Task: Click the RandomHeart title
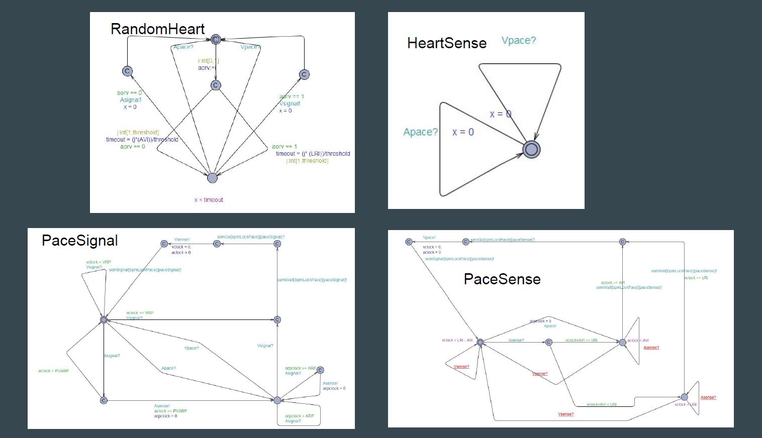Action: (157, 29)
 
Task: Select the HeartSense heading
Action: (446, 43)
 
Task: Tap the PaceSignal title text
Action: (79, 241)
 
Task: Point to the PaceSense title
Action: (502, 279)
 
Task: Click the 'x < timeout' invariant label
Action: (209, 200)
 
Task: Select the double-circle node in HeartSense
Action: (531, 149)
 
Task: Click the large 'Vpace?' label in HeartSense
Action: (519, 41)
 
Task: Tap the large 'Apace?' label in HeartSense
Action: (420, 132)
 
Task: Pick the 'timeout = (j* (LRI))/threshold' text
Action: (313, 154)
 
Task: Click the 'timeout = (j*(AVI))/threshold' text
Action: (142, 140)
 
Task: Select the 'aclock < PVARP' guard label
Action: (53, 371)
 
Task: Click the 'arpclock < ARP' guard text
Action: (299, 416)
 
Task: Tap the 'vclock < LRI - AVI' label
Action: (457, 341)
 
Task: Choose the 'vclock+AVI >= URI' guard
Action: (581, 341)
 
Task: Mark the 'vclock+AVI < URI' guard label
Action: (601, 404)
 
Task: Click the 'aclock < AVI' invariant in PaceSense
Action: (638, 341)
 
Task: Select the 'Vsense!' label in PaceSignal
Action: (182, 240)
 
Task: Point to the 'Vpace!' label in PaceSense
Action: (429, 238)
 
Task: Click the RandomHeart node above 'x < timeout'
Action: (212, 178)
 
